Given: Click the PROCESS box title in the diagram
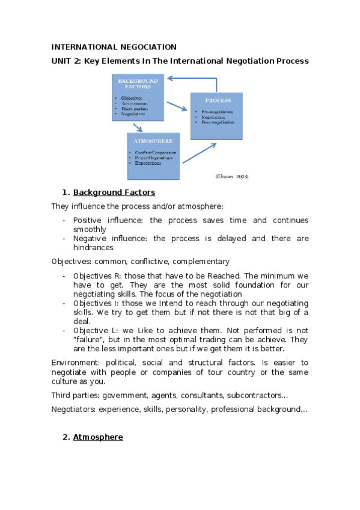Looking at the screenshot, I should click(217, 100).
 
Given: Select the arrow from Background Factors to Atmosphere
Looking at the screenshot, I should click(138, 127).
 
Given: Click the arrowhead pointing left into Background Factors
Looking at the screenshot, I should click(170, 78).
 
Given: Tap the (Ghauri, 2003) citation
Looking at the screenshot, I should click(232, 176).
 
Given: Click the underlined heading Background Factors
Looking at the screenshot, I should click(114, 192).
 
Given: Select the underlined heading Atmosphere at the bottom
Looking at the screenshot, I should click(98, 437).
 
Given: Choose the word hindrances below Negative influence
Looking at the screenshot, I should click(93, 247).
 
